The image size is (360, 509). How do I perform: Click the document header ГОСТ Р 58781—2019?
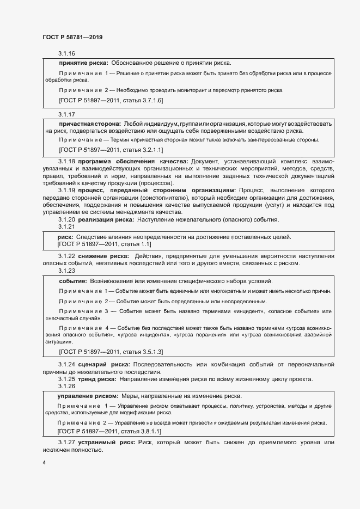pyautogui.click(x=72, y=37)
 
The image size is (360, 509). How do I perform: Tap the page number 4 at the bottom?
pyautogui.click(x=45, y=462)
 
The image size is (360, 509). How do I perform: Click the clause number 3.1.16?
pyautogui.click(x=66, y=53)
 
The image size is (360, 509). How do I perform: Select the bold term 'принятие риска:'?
pyautogui.click(x=83, y=63)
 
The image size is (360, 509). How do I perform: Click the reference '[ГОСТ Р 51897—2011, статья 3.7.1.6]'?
pyautogui.click(x=111, y=100)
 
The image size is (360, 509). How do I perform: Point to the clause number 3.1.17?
pyautogui.click(x=66, y=115)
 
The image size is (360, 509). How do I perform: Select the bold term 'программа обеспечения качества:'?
pyautogui.click(x=133, y=162)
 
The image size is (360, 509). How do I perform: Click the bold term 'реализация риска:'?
pyautogui.click(x=106, y=219)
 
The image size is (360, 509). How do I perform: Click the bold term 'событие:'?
pyautogui.click(x=72, y=281)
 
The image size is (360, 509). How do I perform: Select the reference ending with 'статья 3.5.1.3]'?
pyautogui.click(x=111, y=352)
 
